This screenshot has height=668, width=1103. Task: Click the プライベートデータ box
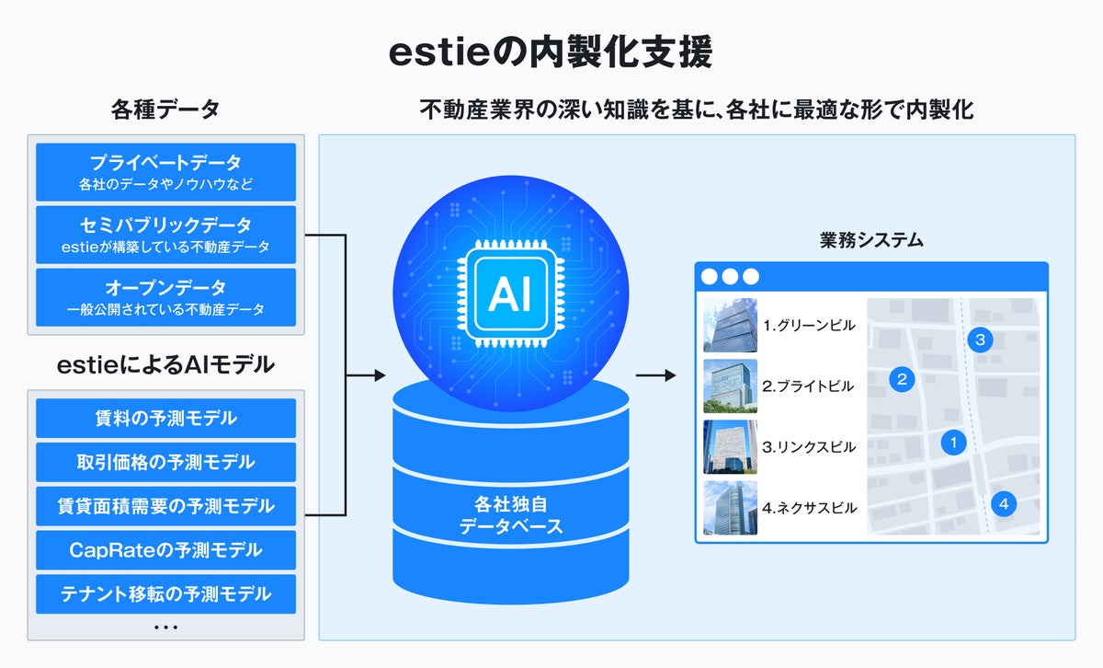pyautogui.click(x=165, y=172)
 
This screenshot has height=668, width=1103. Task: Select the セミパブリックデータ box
pyautogui.click(x=165, y=235)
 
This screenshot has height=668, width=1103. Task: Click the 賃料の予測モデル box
pyautogui.click(x=165, y=419)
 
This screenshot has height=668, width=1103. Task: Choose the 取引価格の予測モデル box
pyautogui.click(x=165, y=462)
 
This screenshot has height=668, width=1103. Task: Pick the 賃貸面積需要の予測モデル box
pyautogui.click(x=165, y=506)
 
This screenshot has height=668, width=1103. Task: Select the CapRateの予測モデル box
pyautogui.click(x=165, y=550)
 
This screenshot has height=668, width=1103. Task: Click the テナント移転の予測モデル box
pyautogui.click(x=165, y=594)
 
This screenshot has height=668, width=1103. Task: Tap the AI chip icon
pyautogui.click(x=510, y=294)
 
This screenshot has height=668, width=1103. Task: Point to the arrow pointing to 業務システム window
pyautogui.click(x=655, y=375)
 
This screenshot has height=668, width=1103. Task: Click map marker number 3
pyautogui.click(x=980, y=340)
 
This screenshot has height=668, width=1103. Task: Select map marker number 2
pyautogui.click(x=902, y=378)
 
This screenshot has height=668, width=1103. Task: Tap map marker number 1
pyautogui.click(x=954, y=443)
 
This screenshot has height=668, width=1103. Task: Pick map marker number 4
pyautogui.click(x=1004, y=503)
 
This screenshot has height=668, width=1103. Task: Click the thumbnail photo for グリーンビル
pyautogui.click(x=730, y=325)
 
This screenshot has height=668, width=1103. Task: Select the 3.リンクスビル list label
pyautogui.click(x=809, y=447)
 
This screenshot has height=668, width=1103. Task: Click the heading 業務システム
pyautogui.click(x=871, y=241)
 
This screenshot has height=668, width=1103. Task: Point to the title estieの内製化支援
pyautogui.click(x=551, y=53)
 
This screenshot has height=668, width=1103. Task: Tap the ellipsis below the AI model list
pyautogui.click(x=165, y=628)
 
